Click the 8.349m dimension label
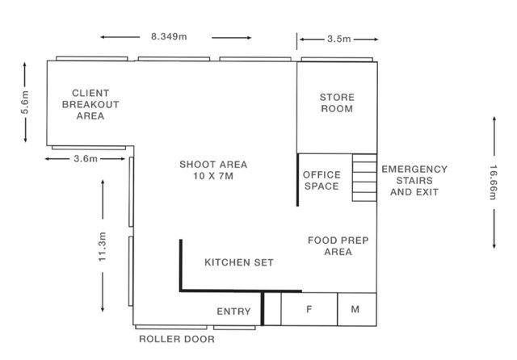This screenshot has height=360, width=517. pos(169,36)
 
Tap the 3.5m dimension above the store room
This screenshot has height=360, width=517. pos(339,39)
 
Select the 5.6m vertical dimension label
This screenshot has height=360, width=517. pos(25,102)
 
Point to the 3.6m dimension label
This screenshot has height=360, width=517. pos(86,159)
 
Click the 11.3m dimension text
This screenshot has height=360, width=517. pos(103,247)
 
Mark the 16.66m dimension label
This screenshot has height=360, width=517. pos(493,182)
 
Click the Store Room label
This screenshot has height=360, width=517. pos(337,103)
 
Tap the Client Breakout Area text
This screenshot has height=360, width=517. pos(90,104)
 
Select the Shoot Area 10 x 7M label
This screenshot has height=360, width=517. pos(213,170)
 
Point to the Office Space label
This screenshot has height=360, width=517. pos(322,181)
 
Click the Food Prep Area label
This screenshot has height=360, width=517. pos(338,246)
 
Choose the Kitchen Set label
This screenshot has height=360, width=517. pos(239,262)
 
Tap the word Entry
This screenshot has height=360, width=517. pos(233,312)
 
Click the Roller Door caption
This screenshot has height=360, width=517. pos(177,339)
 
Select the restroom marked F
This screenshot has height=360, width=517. pos(309,309)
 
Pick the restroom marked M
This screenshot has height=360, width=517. pos(357,309)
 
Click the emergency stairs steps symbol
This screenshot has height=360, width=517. pos(364,178)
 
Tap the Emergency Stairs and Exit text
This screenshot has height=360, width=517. pos(414,181)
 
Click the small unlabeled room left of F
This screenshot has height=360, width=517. pos(273,309)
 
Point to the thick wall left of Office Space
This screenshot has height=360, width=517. pos(298,180)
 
